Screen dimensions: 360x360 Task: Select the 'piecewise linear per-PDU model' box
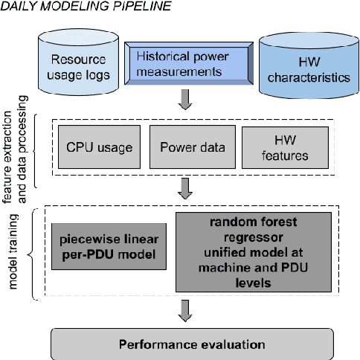point(109,248)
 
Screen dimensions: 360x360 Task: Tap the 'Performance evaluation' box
point(204,344)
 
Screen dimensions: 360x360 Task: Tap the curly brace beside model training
point(33,254)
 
